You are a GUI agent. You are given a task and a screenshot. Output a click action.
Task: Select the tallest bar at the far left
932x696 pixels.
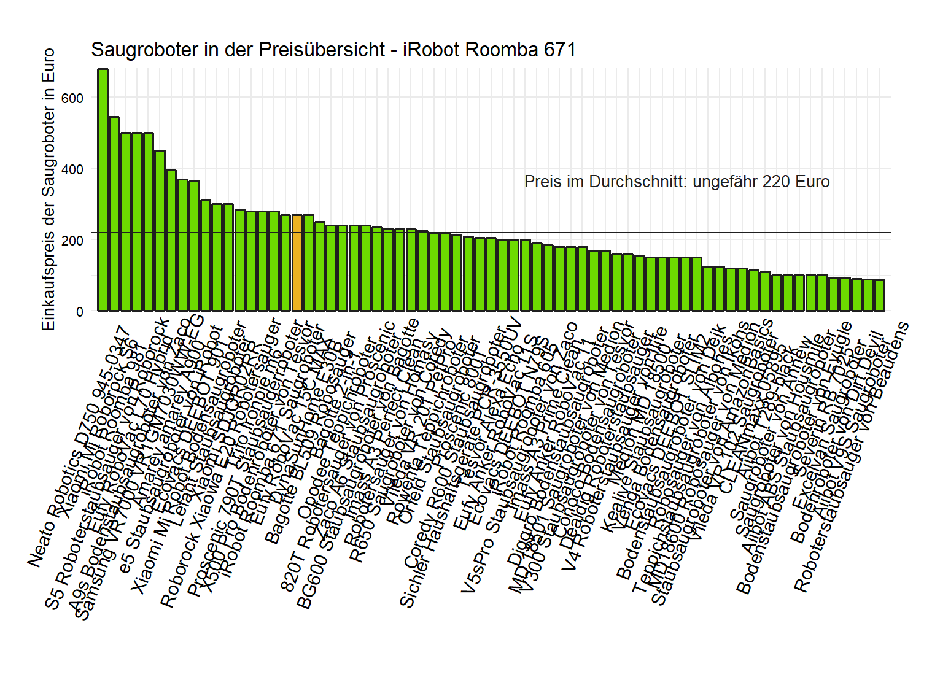pos(103,190)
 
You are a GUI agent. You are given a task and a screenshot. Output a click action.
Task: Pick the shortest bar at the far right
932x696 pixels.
pos(879,295)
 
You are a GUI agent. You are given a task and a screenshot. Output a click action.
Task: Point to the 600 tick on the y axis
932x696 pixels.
pos(72,98)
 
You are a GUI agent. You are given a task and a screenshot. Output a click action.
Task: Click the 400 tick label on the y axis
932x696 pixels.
pos(72,169)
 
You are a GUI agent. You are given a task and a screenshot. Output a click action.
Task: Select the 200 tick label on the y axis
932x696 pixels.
pos(72,241)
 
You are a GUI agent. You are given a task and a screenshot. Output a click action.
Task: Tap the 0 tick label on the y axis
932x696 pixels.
pos(80,312)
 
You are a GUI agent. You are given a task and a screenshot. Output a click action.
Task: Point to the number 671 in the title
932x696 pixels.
pos(560,50)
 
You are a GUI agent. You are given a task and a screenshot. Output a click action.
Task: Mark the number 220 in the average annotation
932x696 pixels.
pos(775,182)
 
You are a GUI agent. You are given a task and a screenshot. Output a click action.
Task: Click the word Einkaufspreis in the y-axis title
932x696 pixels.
pos(49,288)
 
